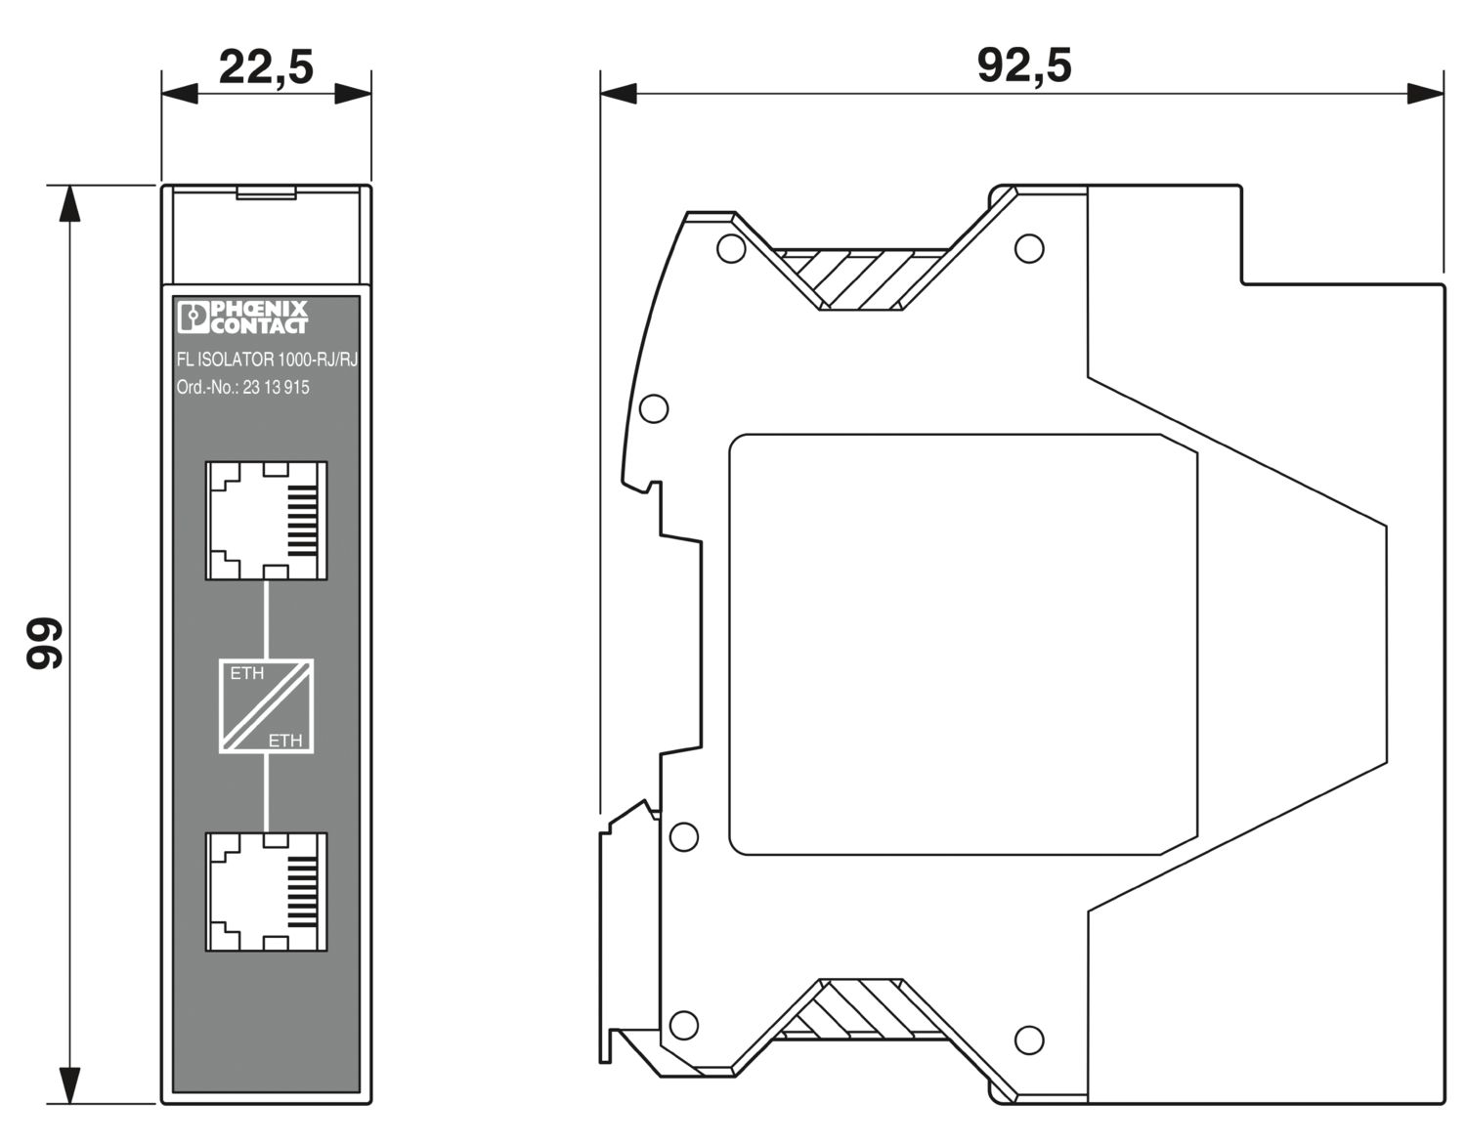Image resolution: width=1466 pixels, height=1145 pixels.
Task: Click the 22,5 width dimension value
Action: [x=265, y=67]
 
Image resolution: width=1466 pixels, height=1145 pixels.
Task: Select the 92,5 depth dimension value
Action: [x=1023, y=65]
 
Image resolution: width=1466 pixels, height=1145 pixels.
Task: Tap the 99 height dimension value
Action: [x=45, y=643]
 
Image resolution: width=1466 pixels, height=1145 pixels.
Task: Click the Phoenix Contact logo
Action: [x=242, y=317]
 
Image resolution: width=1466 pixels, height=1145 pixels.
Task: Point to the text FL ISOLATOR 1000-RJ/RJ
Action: [x=267, y=360]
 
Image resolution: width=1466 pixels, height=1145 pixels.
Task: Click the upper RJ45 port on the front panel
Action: [x=266, y=520]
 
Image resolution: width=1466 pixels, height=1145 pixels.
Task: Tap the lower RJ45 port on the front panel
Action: [x=266, y=891]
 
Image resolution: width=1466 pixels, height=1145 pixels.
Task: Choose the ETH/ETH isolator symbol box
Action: [x=266, y=705]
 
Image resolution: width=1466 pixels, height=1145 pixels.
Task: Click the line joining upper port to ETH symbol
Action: [x=266, y=618]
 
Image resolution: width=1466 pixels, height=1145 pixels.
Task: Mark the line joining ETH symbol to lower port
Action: [x=266, y=792]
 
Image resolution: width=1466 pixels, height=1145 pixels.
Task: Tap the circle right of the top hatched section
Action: [x=1028, y=248]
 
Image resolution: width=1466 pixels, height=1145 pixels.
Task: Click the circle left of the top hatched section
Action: [x=730, y=248]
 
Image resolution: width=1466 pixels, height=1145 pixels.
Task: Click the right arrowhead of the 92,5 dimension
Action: [x=1425, y=94]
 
